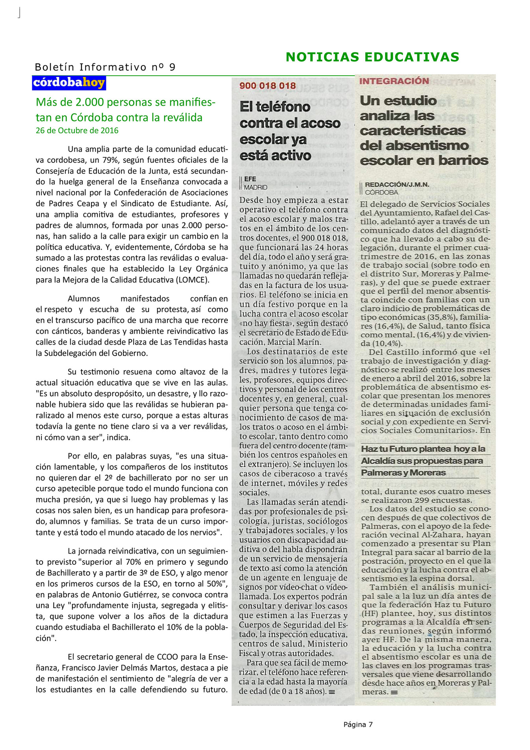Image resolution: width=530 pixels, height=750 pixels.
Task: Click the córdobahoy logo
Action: pos(69,83)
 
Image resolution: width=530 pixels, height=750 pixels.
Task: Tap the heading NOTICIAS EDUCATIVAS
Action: pos(372,57)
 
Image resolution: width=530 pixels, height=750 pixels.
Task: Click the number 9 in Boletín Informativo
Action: pos(172,67)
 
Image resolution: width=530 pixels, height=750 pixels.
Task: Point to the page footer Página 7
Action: pos(358,724)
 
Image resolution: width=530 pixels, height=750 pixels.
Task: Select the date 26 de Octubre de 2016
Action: pos(77,131)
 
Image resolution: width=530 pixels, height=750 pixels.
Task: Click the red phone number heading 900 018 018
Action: pos(268,86)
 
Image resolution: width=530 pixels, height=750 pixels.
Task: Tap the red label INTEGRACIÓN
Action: pos(394,81)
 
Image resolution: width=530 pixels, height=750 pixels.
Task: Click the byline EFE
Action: pos(250,179)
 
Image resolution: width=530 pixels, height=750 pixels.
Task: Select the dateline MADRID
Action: pos(255,188)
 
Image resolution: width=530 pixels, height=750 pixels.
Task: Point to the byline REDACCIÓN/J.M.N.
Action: pos(397,185)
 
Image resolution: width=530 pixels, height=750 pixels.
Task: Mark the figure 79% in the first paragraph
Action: pos(111,160)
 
